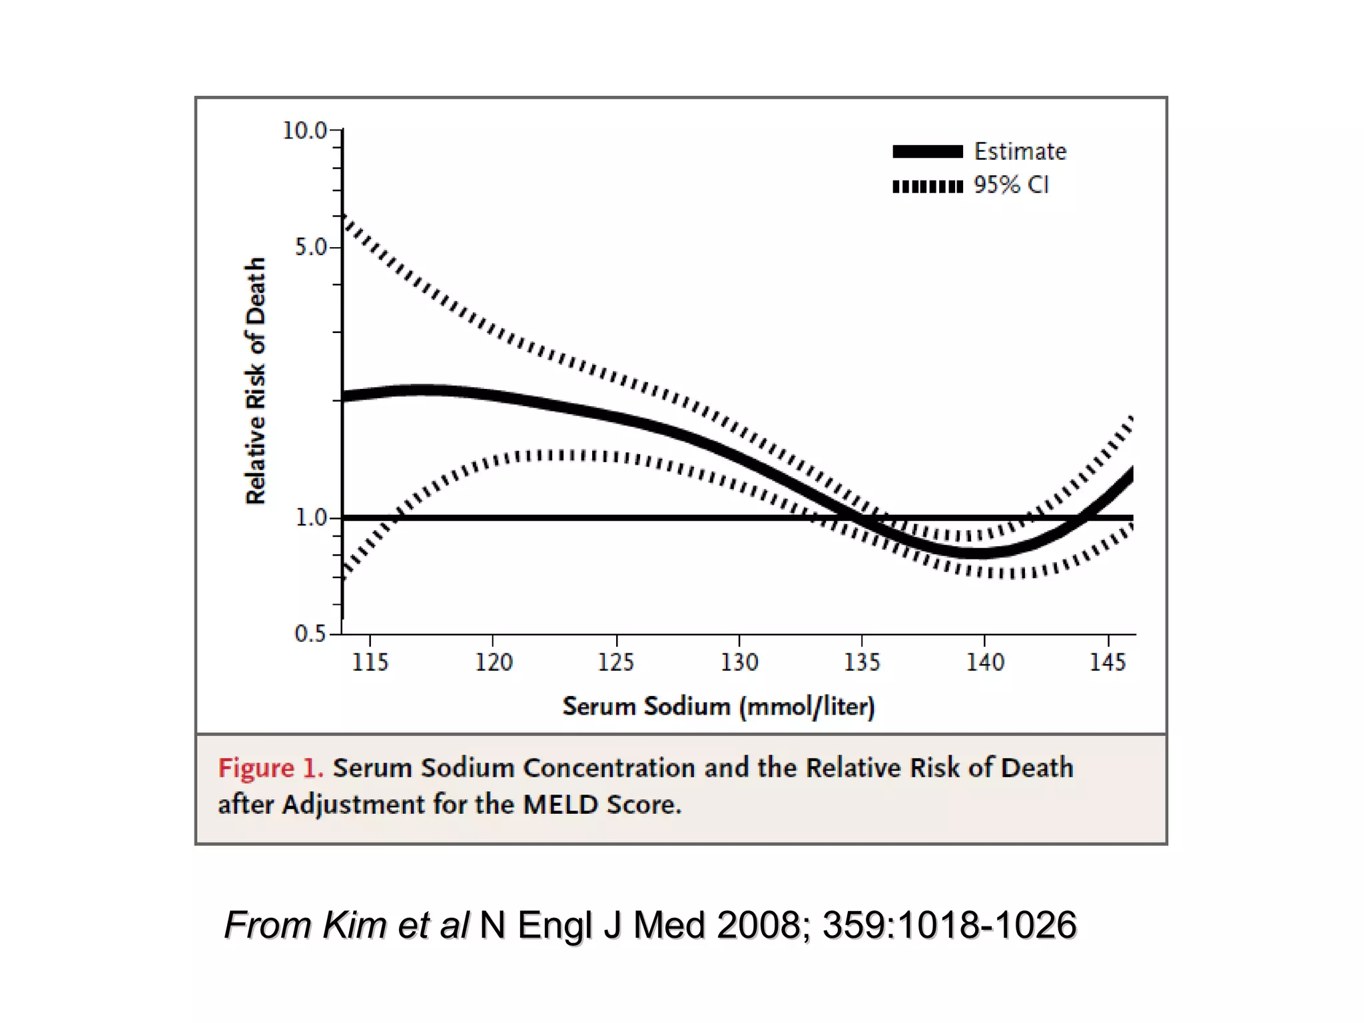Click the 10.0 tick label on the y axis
(304, 131)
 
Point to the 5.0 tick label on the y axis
(310, 248)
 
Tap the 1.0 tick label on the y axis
(310, 517)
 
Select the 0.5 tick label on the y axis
(310, 633)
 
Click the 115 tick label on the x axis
(370, 662)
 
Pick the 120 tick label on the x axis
(493, 662)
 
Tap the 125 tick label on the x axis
(616, 662)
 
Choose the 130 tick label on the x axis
(739, 662)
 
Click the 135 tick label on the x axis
(862, 662)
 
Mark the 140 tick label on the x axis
(985, 662)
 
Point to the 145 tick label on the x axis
(1108, 662)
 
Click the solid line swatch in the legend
(927, 152)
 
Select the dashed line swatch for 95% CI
(927, 186)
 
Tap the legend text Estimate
(1020, 152)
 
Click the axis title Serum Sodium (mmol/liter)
(718, 706)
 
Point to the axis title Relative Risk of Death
(256, 381)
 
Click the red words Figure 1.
(270, 768)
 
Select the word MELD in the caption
(561, 805)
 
